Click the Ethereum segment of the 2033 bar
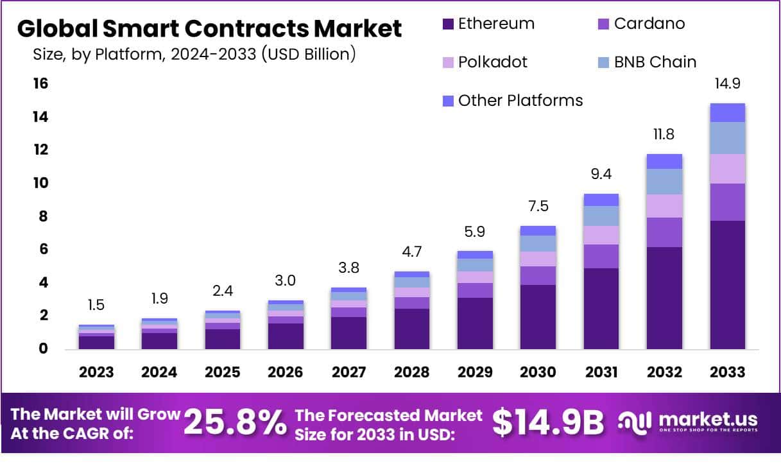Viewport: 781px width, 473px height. (x=727, y=284)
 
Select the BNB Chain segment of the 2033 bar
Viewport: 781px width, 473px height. (x=727, y=138)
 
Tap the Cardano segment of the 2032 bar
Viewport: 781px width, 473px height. (x=664, y=232)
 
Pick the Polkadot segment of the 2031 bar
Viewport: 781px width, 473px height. (x=601, y=235)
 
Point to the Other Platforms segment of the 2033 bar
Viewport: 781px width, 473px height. (x=727, y=112)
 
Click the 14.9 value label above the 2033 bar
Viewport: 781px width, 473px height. (x=727, y=83)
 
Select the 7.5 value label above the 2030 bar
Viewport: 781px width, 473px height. (x=538, y=206)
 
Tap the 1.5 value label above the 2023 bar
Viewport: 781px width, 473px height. (x=96, y=305)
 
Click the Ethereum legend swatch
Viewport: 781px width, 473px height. (x=448, y=24)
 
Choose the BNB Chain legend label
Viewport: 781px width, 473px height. (x=655, y=62)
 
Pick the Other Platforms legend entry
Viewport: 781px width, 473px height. (x=520, y=101)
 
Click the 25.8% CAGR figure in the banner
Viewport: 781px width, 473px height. (x=235, y=424)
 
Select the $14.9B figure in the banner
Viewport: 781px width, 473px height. (x=549, y=423)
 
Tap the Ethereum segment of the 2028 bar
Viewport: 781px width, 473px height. (x=411, y=329)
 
